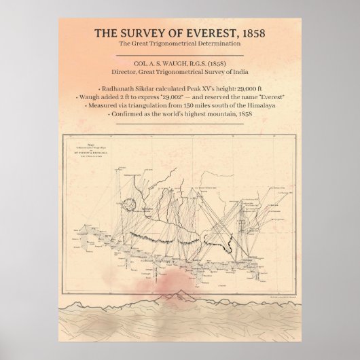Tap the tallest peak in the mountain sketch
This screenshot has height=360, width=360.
(x=183, y=293)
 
